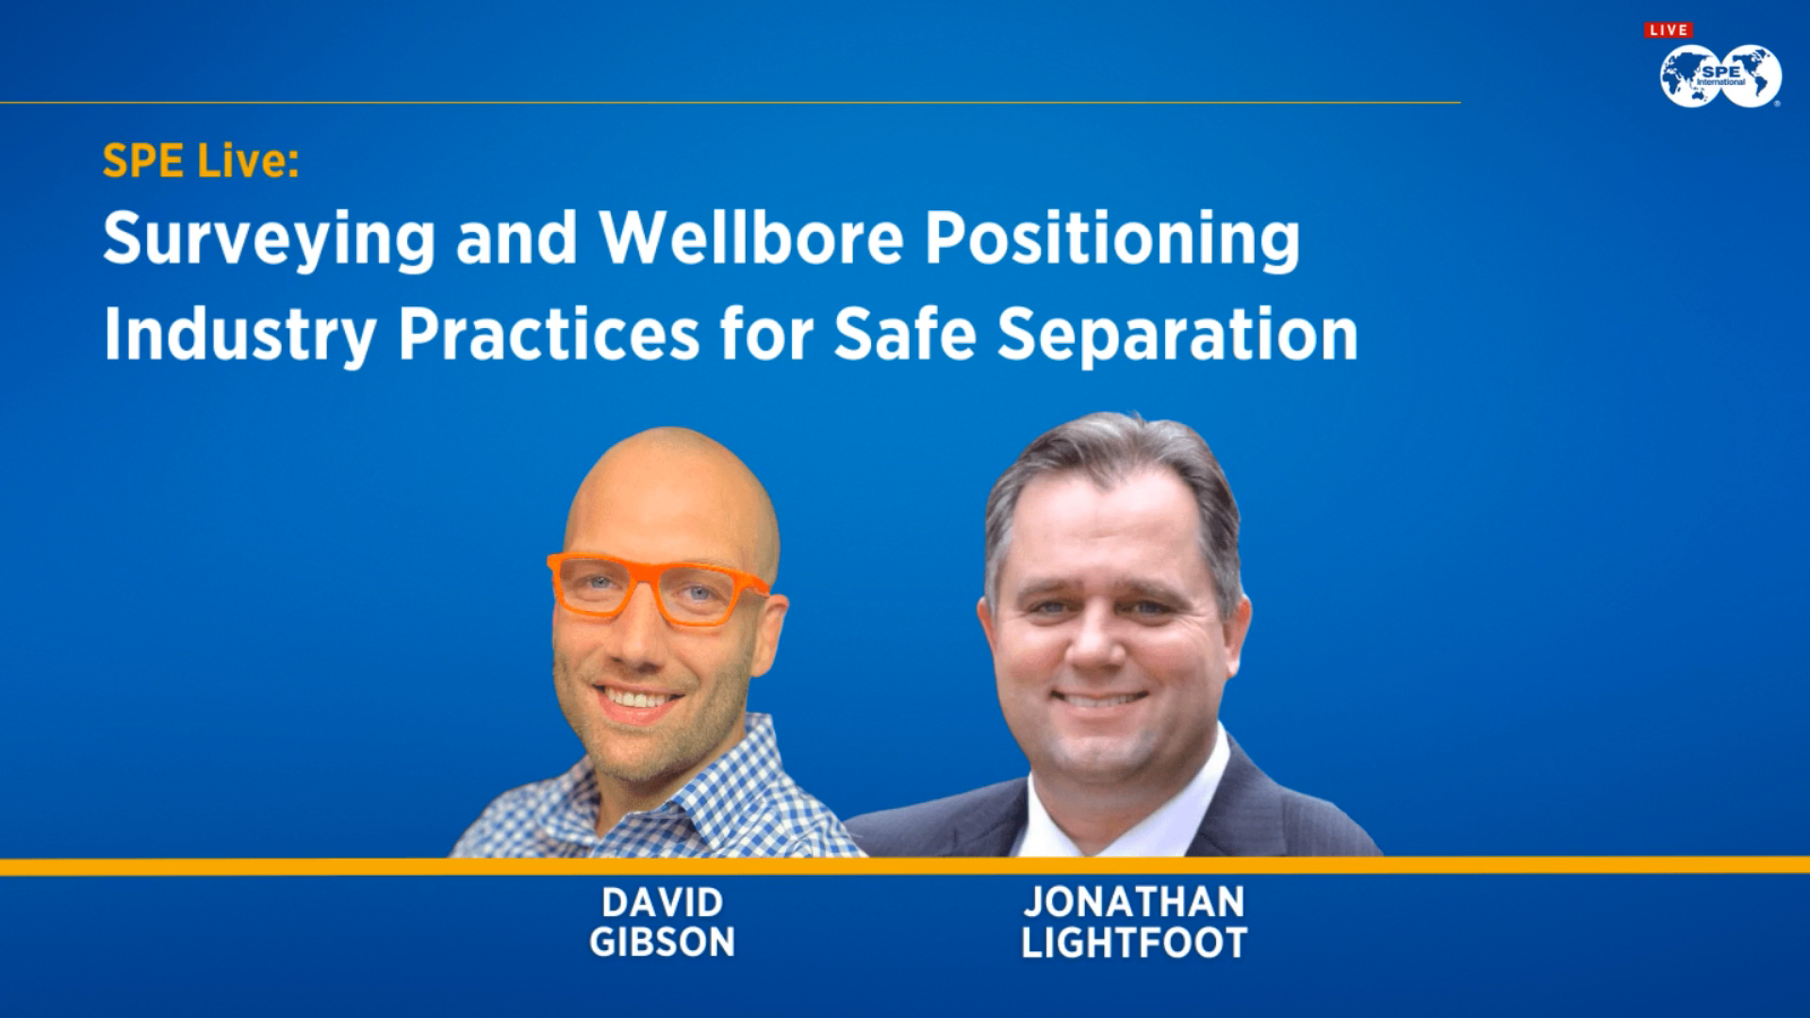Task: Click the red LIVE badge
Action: (1668, 30)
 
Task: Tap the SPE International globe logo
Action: (1720, 76)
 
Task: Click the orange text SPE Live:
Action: (201, 161)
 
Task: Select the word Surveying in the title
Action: (269, 239)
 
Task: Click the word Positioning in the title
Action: (1111, 239)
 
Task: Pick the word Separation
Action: (1177, 336)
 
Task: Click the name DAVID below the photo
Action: (662, 902)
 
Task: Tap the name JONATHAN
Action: (1134, 902)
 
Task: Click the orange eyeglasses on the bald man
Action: (660, 589)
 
